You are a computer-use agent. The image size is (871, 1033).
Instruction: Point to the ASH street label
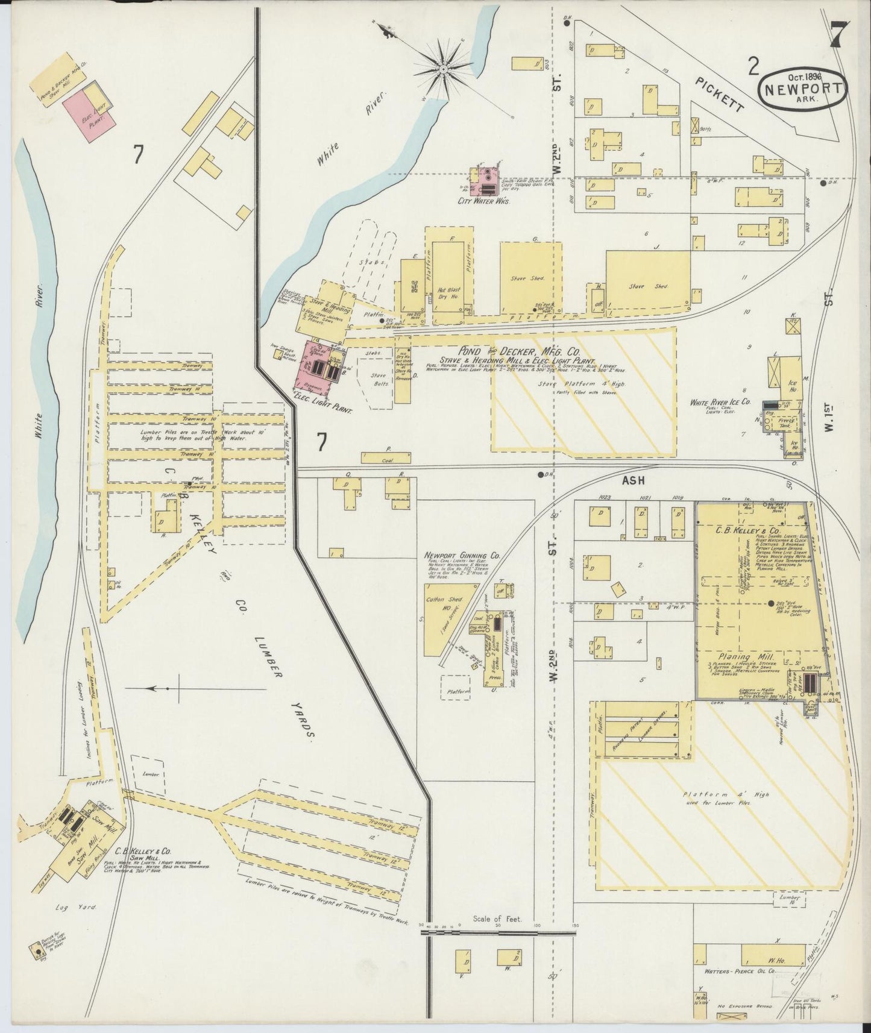pos(633,480)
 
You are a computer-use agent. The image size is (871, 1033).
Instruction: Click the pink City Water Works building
pos(488,179)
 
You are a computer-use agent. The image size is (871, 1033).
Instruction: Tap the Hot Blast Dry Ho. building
pos(448,275)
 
